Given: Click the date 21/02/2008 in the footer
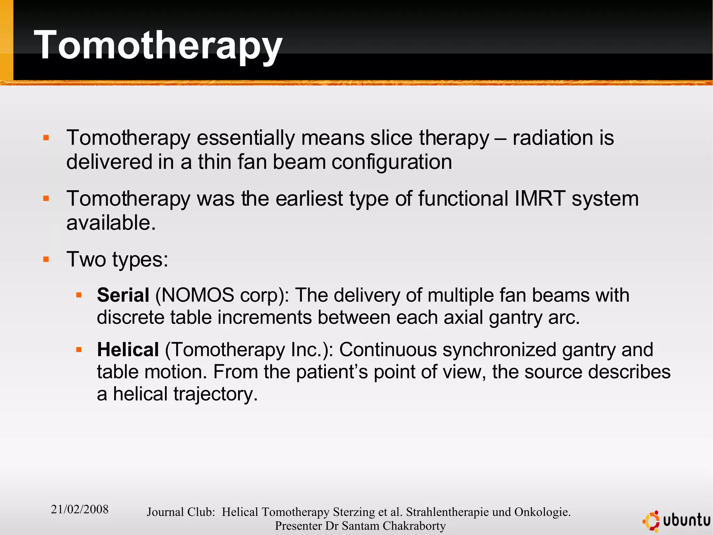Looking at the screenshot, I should point(79,509).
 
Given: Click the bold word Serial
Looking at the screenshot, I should point(123,295).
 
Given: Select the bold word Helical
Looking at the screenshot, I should point(128,350).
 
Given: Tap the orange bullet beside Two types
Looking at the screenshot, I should point(46,259).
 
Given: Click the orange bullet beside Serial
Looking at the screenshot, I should point(79,295).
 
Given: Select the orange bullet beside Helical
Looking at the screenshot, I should point(79,350).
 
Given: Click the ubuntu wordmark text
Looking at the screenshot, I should point(686,520).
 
